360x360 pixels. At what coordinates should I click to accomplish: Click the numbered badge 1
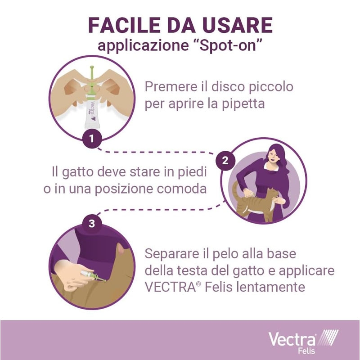click(92, 139)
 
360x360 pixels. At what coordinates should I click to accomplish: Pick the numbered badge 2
click(225, 161)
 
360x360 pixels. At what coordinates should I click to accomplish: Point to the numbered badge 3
click(92, 223)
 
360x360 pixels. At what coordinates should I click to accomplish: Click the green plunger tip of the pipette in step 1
click(92, 68)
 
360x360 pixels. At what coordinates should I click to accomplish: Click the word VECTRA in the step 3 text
click(171, 287)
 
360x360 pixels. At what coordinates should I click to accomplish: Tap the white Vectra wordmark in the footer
click(292, 340)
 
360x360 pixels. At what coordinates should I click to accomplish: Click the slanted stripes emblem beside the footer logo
click(328, 337)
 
